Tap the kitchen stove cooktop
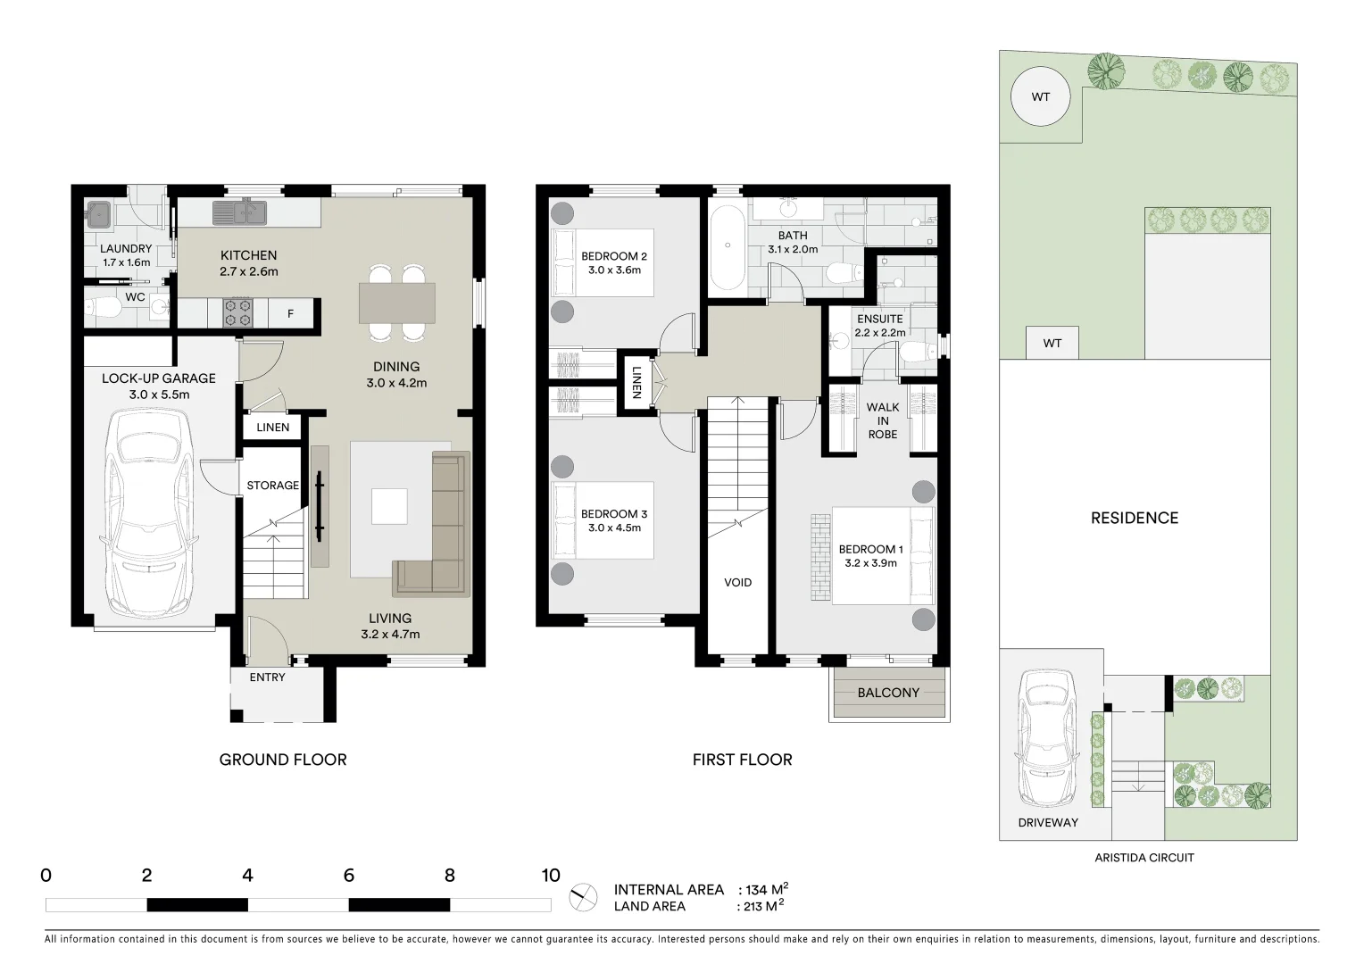(x=238, y=311)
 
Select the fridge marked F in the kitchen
(x=290, y=313)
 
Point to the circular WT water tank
(x=1040, y=96)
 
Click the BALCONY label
(x=887, y=693)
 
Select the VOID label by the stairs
(x=737, y=582)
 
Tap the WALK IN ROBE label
(x=882, y=420)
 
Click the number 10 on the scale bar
(x=550, y=876)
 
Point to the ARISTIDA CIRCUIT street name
(x=1144, y=858)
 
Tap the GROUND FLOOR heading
(x=283, y=760)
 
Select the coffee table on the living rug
(x=389, y=505)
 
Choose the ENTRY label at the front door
(x=267, y=677)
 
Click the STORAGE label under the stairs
(x=272, y=486)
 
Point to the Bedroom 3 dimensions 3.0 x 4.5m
(x=614, y=528)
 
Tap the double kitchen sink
(x=239, y=212)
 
